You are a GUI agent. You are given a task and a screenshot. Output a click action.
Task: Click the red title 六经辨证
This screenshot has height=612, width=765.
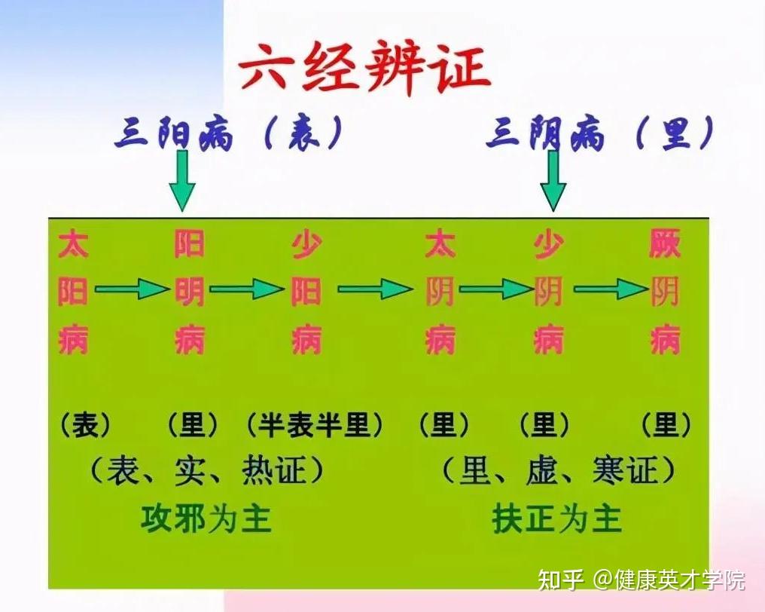364,67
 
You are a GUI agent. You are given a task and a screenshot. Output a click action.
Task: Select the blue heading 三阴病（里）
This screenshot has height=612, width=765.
601,132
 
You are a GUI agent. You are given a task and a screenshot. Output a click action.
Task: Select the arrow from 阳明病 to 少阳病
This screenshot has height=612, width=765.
246,289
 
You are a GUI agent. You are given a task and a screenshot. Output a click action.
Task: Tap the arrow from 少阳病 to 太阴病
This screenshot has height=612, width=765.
375,289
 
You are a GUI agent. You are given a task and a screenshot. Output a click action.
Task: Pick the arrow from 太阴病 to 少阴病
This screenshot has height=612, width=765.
495,289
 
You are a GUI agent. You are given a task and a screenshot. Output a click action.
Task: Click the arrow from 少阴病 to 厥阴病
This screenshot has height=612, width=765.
611,289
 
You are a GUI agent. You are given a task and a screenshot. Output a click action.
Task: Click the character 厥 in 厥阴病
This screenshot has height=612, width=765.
665,243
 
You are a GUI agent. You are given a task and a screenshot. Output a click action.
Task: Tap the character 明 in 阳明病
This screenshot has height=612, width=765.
189,292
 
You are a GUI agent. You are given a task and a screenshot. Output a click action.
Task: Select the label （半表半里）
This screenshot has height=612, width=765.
314,424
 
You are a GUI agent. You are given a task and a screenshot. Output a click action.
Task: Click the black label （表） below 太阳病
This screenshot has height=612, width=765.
86,424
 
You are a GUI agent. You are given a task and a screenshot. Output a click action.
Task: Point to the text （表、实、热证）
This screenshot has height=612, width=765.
206,470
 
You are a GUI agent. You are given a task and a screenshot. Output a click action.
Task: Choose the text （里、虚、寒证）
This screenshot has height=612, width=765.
559,470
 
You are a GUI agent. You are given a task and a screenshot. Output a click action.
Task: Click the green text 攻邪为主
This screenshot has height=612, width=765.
206,519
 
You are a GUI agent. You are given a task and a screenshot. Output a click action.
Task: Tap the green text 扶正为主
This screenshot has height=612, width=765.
557,519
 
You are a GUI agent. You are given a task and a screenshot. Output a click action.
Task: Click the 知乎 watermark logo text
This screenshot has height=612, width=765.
561,580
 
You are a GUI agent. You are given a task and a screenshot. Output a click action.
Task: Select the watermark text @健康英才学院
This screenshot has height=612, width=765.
669,580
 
